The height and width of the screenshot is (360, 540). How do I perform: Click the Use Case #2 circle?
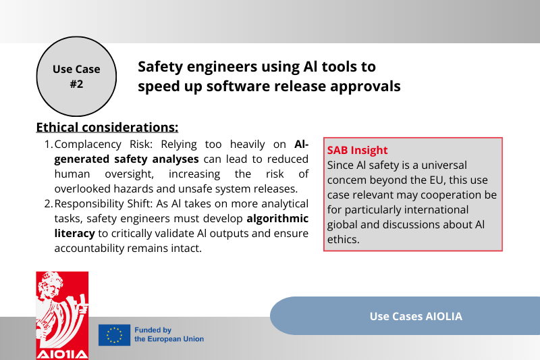pos(76,77)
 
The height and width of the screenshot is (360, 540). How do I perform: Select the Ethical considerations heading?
pos(107,127)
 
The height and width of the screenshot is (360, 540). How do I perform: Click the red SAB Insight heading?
pos(357,150)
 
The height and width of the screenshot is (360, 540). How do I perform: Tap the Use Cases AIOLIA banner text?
pos(416,316)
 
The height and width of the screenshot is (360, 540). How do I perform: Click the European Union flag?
pos(114,335)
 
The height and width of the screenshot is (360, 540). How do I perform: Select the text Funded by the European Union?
pos(169,334)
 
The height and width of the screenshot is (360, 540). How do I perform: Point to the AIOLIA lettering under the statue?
pos(62,353)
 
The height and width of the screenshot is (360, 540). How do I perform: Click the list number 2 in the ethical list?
pos(48,203)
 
